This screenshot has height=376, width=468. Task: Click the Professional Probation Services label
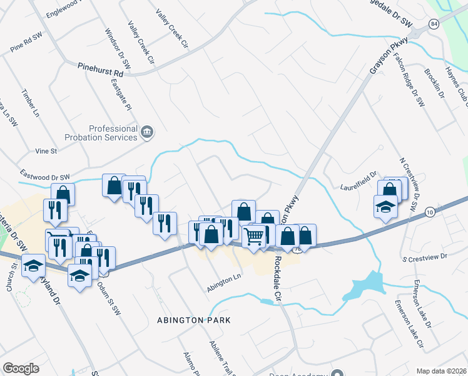point(104,133)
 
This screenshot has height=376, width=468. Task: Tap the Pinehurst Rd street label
point(101,70)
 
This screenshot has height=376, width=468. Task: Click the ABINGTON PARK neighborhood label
point(194,320)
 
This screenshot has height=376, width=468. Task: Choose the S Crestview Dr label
point(425,256)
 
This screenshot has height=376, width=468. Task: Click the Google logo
point(21,368)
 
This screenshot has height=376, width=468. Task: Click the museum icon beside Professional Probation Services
point(148,132)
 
